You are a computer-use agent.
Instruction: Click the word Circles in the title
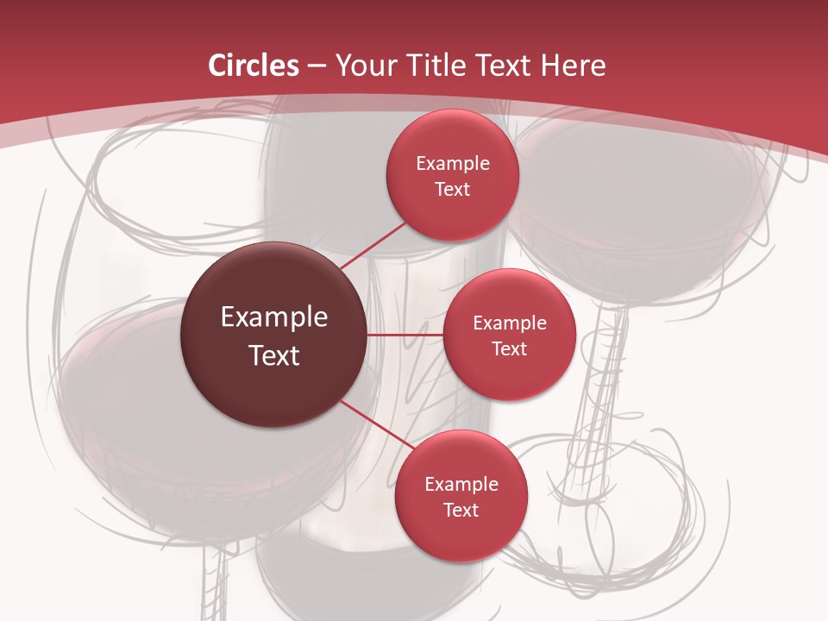coord(254,66)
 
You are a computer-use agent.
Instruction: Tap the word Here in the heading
coord(574,66)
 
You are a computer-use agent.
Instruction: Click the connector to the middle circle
coord(405,335)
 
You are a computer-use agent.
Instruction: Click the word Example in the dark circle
coord(274,317)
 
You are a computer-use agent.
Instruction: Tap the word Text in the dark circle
coord(274,355)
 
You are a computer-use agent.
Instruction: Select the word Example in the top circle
coord(453,164)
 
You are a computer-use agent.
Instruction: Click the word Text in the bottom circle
coord(461,510)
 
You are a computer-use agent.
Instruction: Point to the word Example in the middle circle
coord(510,323)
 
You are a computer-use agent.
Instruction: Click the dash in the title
coord(317,66)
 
